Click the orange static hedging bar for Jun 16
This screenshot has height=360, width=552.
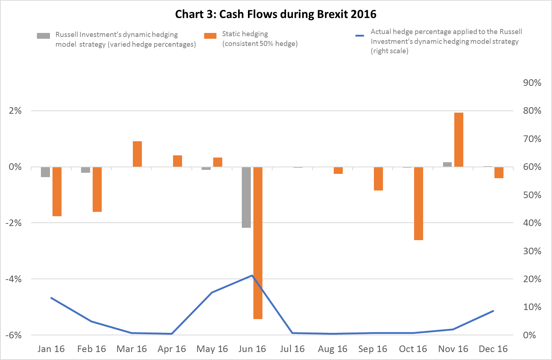pyautogui.click(x=258, y=243)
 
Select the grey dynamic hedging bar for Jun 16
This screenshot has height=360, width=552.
pyautogui.click(x=246, y=197)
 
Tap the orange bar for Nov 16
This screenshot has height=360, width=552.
pyautogui.click(x=459, y=140)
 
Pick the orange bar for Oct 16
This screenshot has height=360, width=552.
pyautogui.click(x=418, y=203)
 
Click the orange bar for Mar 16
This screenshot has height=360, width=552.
pyautogui.click(x=137, y=154)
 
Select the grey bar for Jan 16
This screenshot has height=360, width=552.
pyautogui.click(x=45, y=172)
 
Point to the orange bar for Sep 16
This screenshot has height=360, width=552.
pyautogui.click(x=378, y=179)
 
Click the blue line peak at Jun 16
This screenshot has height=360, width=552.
pyautogui.click(x=252, y=276)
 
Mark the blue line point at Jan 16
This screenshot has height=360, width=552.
pyautogui.click(x=51, y=298)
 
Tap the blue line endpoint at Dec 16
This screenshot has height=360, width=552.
pyautogui.click(x=493, y=311)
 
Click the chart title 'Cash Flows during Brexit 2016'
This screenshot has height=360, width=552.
pyautogui.click(x=276, y=14)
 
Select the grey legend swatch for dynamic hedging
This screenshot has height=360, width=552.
pyautogui.click(x=43, y=36)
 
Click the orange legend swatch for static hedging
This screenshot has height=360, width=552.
pyautogui.click(x=210, y=35)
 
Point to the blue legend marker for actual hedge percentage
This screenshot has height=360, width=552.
pyautogui.click(x=359, y=35)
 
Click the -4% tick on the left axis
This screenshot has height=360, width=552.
pyautogui.click(x=13, y=279)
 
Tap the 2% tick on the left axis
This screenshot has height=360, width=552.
pyautogui.click(x=15, y=111)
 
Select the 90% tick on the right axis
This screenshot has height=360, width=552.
pyautogui.click(x=532, y=83)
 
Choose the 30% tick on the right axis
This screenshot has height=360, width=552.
pyautogui.click(x=532, y=251)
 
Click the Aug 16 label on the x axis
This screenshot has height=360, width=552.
pyautogui.click(x=332, y=349)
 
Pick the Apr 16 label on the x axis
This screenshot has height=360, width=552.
pyautogui.click(x=172, y=349)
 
